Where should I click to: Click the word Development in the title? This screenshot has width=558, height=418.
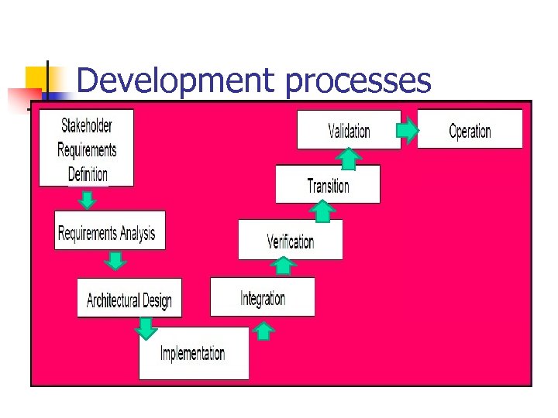click(x=175, y=81)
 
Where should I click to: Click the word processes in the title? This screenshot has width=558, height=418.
click(x=358, y=81)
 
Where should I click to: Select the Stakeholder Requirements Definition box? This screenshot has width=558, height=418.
click(x=86, y=148)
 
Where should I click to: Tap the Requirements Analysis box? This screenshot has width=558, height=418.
click(x=109, y=231)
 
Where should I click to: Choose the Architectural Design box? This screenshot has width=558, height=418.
click(x=129, y=298)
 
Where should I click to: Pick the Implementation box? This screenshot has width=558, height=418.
click(x=193, y=354)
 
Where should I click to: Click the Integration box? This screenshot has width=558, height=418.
click(x=263, y=297)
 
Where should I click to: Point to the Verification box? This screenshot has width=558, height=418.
click(x=291, y=240)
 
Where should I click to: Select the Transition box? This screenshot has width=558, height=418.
click(x=328, y=185)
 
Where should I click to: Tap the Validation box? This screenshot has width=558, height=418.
click(x=349, y=130)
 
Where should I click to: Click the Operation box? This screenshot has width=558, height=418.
click(x=470, y=129)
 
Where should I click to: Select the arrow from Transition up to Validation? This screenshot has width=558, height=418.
click(x=350, y=158)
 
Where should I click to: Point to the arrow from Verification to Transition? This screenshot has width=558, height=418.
click(x=323, y=211)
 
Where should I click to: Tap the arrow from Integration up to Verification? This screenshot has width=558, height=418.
click(x=284, y=266)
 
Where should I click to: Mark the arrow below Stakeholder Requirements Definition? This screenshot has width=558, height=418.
click(x=88, y=199)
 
